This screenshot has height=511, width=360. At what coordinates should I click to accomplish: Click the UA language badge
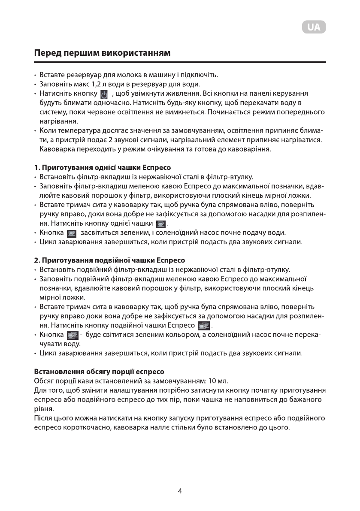pos(314,27)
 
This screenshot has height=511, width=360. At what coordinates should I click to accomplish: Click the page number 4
pos(180,491)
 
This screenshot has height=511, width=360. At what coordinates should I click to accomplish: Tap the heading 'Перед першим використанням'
pos(103,54)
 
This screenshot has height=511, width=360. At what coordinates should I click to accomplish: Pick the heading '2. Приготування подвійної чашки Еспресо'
pos(109,260)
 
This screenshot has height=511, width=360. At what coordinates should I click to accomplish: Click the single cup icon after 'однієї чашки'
pos(161,224)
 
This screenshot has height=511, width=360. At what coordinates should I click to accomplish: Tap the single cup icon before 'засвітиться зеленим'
pos(71,233)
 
